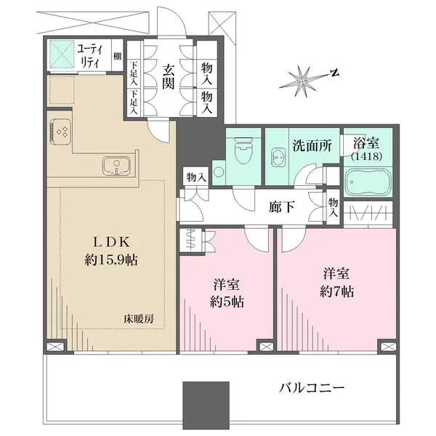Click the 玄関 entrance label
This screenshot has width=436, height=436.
point(169,76)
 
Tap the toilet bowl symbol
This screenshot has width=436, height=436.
point(243,150)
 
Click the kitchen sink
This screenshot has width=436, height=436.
point(116,166)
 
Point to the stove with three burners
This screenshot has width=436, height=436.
point(61,132)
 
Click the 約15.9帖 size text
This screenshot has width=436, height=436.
point(111,260)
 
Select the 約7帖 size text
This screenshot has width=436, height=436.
point(336,292)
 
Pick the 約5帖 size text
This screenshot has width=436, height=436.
point(227,302)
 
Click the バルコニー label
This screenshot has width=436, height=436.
point(312,387)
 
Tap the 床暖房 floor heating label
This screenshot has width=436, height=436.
point(139,319)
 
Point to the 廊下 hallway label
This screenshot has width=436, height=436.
point(282,207)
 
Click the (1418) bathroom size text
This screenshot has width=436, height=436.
point(366,156)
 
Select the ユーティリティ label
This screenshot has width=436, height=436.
point(89,57)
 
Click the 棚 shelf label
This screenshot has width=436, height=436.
point(117,57)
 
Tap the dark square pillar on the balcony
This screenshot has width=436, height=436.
point(206,405)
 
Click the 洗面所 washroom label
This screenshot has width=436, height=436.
point(312,145)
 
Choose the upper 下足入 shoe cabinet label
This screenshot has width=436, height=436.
point(134,73)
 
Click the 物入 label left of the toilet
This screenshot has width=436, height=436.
point(196,177)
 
